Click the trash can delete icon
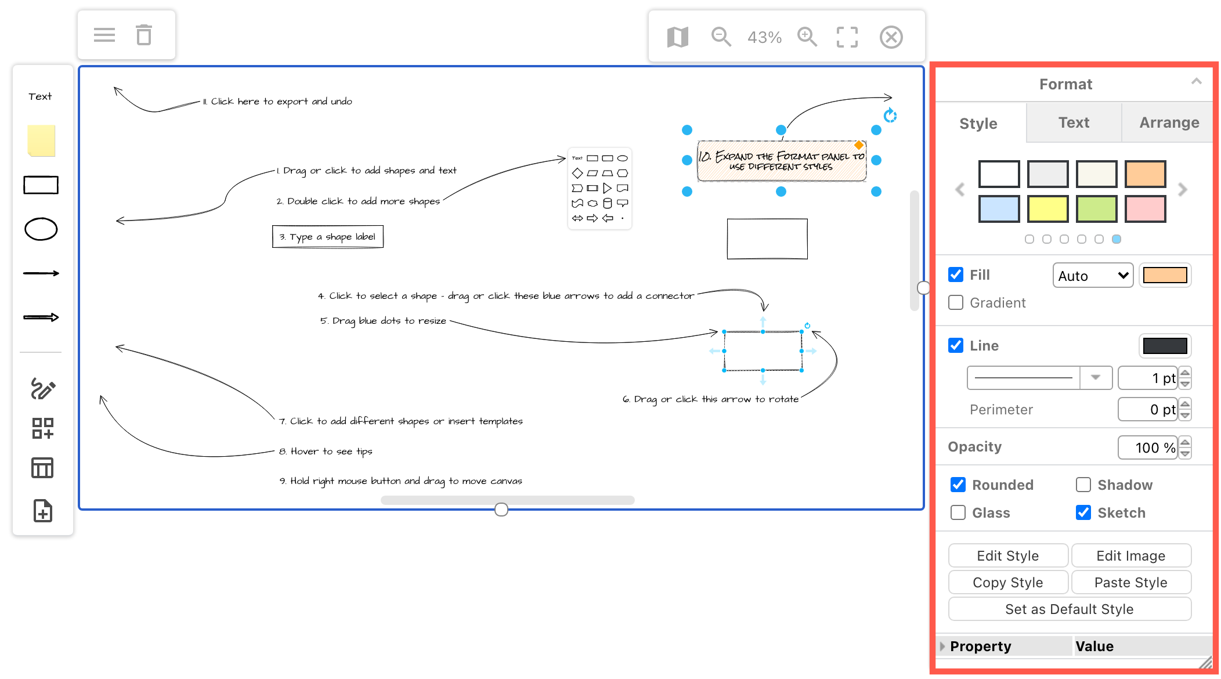[144, 35]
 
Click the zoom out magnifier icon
[721, 37]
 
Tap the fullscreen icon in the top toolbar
[847, 37]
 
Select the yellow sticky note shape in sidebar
[41, 140]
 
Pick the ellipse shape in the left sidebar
[41, 229]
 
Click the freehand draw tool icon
[42, 388]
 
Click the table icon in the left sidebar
[42, 468]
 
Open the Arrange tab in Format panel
[1169, 122]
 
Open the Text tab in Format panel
[1073, 122]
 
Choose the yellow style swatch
[1047, 209]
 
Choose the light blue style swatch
[999, 209]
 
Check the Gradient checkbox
[956, 303]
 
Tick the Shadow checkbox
[1083, 485]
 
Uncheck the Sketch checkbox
[1083, 512]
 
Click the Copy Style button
[1007, 583]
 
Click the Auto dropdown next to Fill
[1092, 276]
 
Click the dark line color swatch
[1165, 346]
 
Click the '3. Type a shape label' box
[327, 237]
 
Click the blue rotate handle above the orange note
[890, 115]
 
